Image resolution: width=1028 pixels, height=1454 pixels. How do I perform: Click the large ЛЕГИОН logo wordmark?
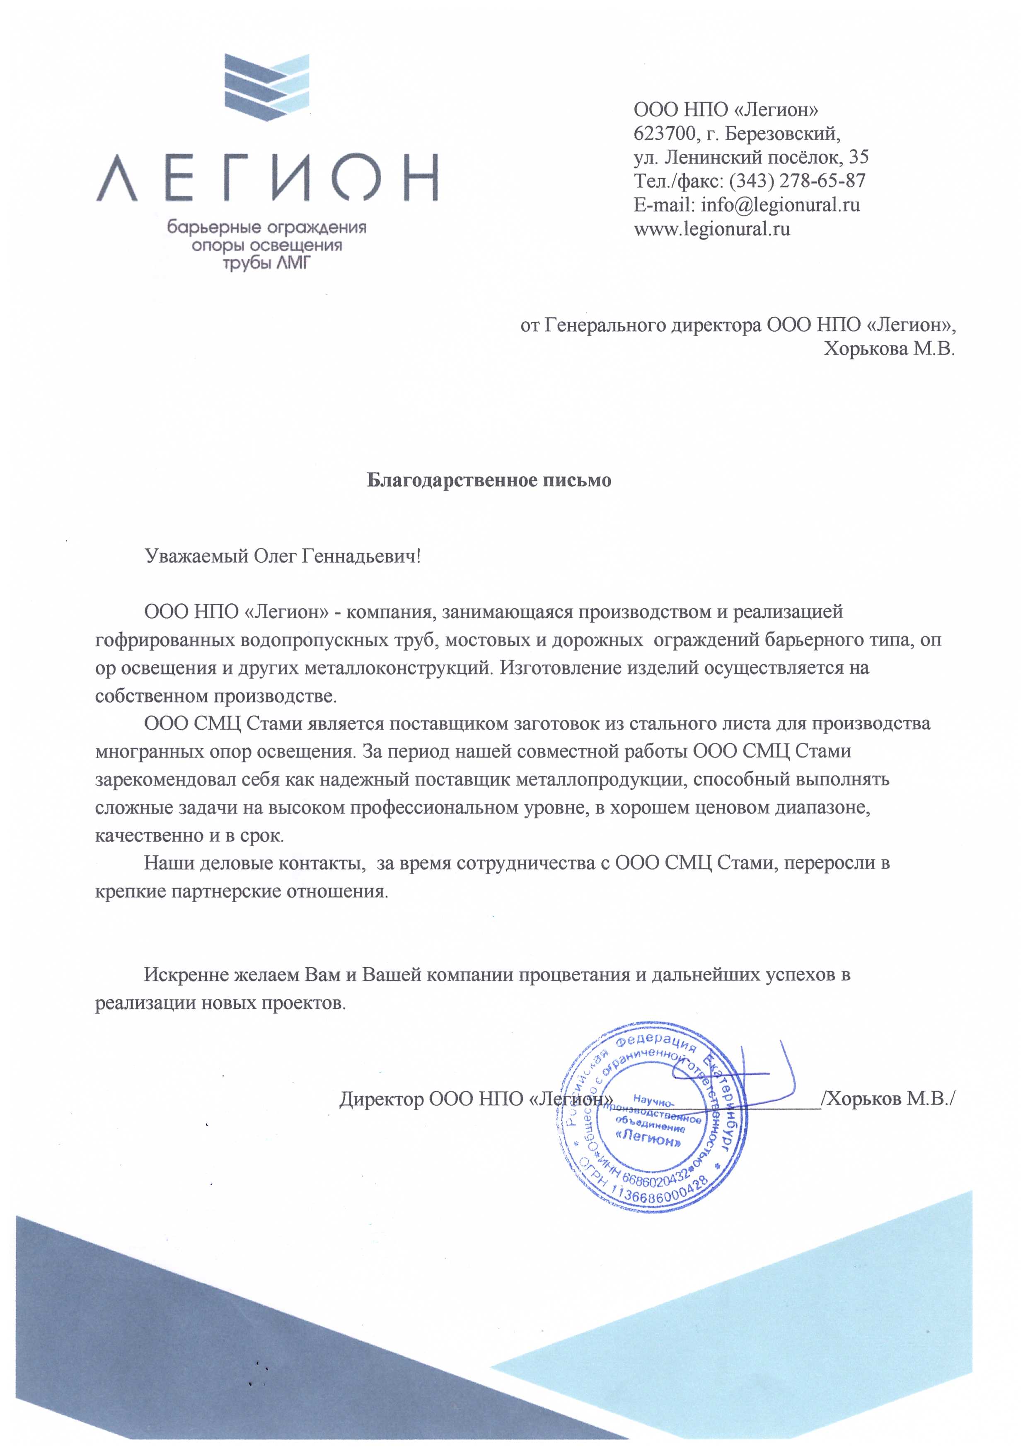tap(266, 178)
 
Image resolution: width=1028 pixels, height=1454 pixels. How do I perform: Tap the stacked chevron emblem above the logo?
tap(267, 89)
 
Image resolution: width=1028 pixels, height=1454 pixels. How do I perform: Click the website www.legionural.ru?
tap(712, 228)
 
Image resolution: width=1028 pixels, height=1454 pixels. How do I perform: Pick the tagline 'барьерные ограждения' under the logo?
tap(266, 227)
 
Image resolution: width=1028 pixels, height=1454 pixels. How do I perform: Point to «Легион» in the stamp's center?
tap(649, 1139)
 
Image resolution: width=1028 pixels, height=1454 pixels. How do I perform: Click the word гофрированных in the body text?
tap(166, 640)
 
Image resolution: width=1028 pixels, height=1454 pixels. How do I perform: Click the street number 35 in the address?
tap(859, 157)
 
